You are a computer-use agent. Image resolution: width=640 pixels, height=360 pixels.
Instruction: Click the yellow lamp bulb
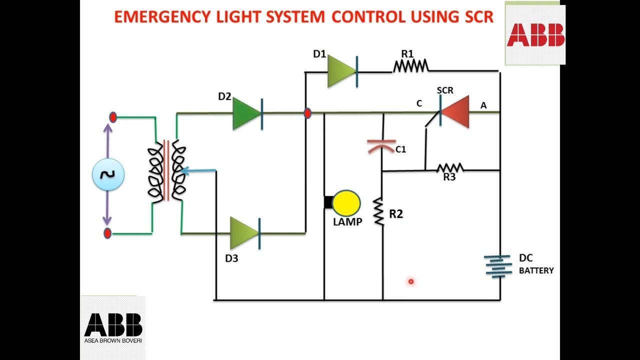click(346, 203)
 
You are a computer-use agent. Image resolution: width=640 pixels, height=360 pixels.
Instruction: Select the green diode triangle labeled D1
click(340, 71)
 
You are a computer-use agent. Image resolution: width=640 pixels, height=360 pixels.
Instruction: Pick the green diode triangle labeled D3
click(243, 233)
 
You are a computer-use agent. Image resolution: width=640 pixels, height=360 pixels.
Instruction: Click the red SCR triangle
click(456, 112)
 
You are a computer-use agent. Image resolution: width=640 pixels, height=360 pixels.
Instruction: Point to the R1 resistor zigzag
click(410, 66)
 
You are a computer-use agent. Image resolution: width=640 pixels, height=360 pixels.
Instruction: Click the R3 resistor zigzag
click(450, 168)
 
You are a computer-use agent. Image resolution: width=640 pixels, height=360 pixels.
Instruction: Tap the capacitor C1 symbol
click(381, 146)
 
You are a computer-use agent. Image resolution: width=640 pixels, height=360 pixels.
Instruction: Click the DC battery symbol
click(497, 266)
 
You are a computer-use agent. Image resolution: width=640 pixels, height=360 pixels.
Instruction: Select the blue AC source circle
click(108, 174)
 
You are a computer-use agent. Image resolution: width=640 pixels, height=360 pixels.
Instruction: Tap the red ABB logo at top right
click(535, 35)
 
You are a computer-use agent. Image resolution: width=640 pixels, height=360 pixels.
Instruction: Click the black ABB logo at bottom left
click(113, 325)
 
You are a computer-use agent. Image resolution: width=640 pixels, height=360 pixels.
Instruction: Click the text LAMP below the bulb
click(347, 222)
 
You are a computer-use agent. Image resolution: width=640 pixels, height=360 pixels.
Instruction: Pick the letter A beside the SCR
click(483, 105)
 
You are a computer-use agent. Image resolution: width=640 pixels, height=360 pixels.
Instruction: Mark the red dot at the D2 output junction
click(307, 113)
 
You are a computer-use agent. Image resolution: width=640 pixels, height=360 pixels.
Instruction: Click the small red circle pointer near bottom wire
click(411, 281)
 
